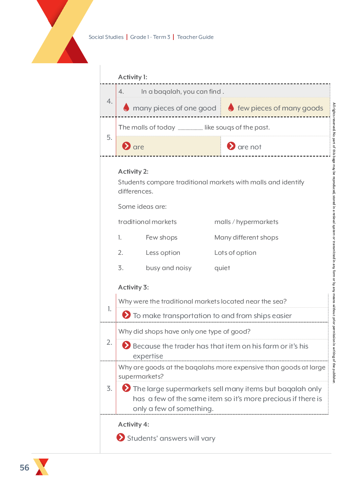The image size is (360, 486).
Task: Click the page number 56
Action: (x=24, y=468)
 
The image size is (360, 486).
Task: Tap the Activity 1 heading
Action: (x=133, y=77)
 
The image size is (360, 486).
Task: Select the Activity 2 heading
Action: (x=133, y=171)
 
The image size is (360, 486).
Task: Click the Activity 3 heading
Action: (x=133, y=287)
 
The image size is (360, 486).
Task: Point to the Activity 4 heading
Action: (x=133, y=424)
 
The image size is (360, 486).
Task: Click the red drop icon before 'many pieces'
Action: (x=126, y=108)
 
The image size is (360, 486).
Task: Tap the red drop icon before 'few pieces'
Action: (x=231, y=108)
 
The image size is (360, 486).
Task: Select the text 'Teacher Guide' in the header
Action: (x=195, y=37)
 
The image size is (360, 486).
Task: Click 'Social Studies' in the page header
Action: (x=106, y=37)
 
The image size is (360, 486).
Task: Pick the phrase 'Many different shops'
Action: (x=246, y=237)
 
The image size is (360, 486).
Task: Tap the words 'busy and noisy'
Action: (x=168, y=268)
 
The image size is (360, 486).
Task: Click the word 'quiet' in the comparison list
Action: (x=222, y=268)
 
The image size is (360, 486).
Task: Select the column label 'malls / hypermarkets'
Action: (x=246, y=222)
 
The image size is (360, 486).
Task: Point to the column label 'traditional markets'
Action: (x=147, y=222)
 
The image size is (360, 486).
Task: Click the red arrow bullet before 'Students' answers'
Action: (x=121, y=437)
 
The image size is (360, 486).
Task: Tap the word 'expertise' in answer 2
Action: (x=148, y=356)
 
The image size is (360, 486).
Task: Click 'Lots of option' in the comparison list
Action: (x=235, y=253)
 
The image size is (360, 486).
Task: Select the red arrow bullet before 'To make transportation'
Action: (x=126, y=315)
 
